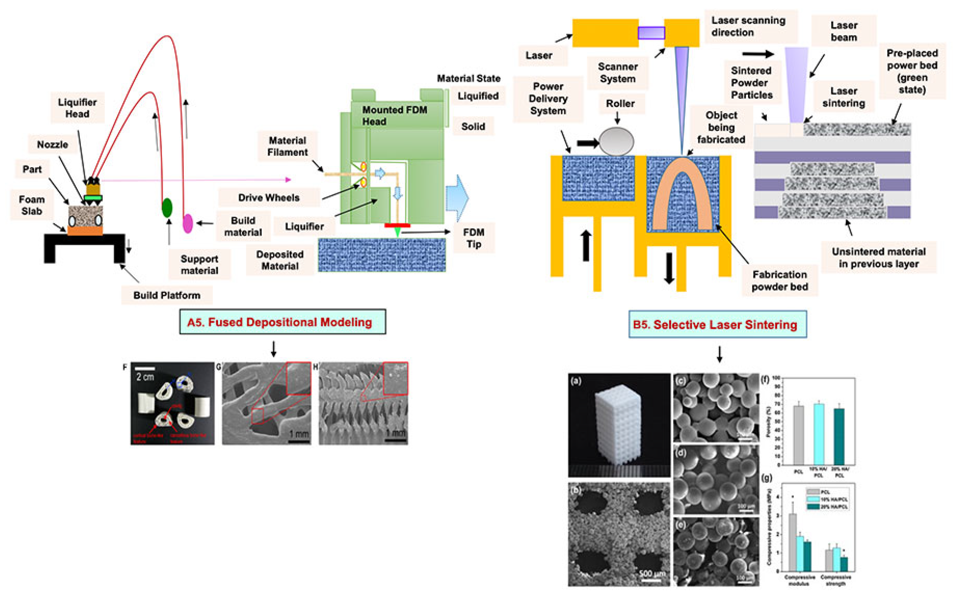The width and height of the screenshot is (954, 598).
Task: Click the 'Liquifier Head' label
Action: (77, 108)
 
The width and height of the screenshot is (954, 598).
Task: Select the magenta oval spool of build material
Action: (188, 223)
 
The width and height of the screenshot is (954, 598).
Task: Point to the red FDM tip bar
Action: (397, 226)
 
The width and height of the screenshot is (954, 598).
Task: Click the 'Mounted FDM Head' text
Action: (395, 115)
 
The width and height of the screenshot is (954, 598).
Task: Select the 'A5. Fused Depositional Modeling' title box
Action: (282, 322)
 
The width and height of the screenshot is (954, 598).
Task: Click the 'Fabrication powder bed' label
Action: (780, 280)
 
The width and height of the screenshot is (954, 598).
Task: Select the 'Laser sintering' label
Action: (843, 97)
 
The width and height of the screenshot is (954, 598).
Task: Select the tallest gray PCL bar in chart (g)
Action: (793, 542)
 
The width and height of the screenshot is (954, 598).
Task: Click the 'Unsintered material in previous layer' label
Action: (878, 258)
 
